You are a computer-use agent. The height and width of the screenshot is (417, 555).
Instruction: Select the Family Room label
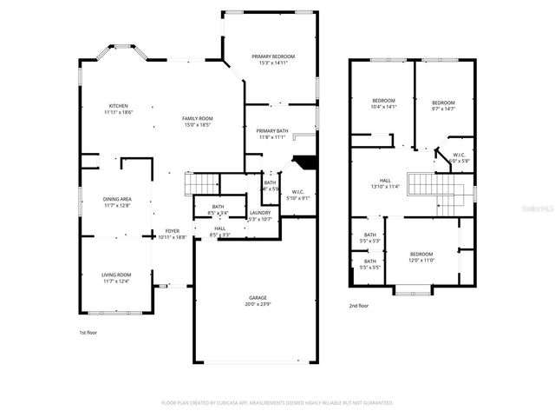[198, 119]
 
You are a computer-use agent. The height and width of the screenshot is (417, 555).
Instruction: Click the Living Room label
[115, 275]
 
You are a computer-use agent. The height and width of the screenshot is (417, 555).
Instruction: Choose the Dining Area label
[116, 199]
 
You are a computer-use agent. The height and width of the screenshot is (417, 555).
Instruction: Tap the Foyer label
[173, 231]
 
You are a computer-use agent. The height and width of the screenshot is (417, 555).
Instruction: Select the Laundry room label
[260, 213]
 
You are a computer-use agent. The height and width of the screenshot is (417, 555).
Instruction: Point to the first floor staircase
[202, 184]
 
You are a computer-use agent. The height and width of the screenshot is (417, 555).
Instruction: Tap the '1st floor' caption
[88, 332]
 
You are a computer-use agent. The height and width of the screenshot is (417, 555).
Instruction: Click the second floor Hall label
[385, 181]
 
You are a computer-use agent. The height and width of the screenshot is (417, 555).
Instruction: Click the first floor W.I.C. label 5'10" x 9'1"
[297, 192]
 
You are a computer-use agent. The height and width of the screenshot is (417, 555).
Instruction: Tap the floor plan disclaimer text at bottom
[277, 403]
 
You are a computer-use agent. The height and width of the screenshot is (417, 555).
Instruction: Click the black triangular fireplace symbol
[303, 162]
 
